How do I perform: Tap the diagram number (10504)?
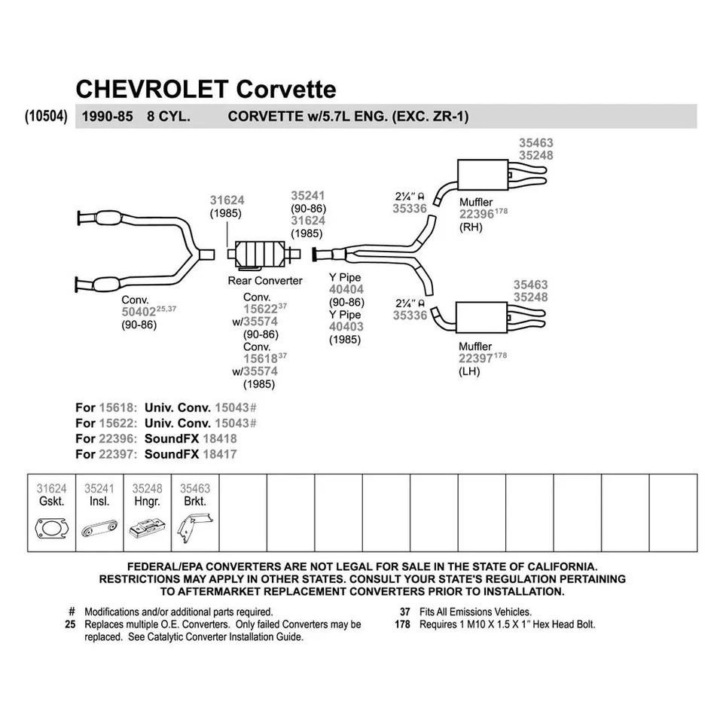[x=47, y=117]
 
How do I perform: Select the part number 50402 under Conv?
[x=140, y=310]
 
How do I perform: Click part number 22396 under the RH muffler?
[x=477, y=215]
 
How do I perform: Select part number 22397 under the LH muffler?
[x=476, y=358]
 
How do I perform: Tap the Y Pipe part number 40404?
[x=346, y=289]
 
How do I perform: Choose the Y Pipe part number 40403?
[x=346, y=327]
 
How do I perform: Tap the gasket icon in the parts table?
[x=51, y=528]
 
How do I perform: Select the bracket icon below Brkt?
[x=194, y=526]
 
